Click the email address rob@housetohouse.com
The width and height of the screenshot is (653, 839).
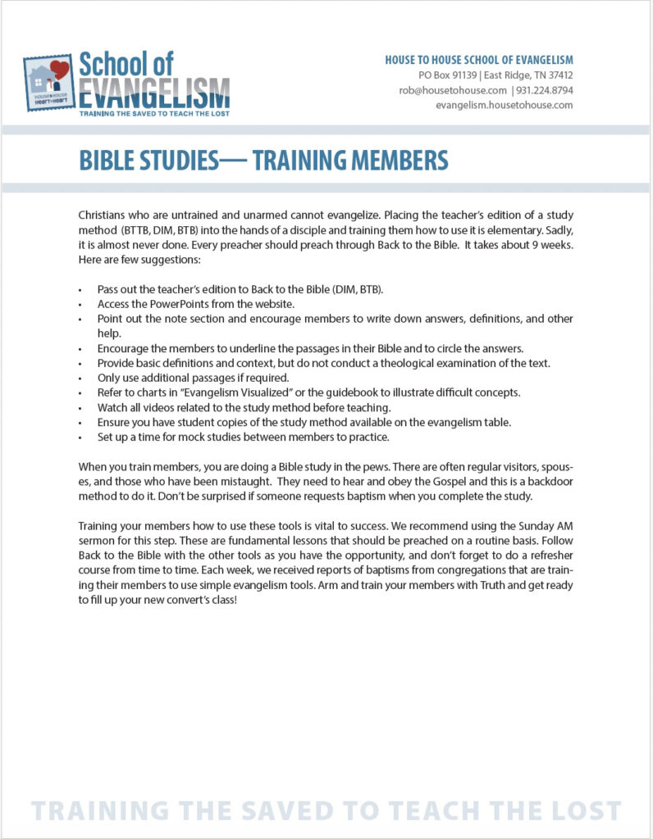453,90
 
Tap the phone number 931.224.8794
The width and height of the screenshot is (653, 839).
545,90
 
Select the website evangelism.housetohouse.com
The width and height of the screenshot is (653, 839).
504,105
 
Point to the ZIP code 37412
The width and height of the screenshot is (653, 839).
559,75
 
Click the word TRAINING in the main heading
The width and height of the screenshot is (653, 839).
307,160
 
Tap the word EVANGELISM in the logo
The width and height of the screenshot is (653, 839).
154,92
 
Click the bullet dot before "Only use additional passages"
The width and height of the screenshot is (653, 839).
80,378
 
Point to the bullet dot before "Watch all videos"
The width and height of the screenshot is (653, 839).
80,407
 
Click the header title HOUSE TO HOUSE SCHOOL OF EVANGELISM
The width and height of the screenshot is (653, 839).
479,60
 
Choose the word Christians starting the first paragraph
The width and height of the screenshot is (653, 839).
103,214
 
